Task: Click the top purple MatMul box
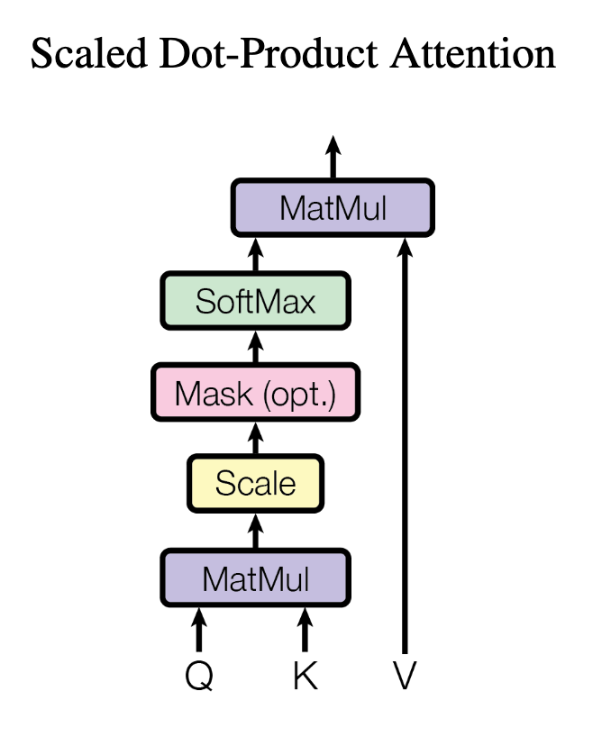click(333, 208)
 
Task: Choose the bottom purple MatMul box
click(255, 578)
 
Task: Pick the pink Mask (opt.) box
click(255, 394)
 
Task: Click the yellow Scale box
click(255, 484)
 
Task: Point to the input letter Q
click(199, 676)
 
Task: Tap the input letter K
click(306, 676)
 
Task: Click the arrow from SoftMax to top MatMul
click(255, 255)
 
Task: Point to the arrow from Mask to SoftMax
click(255, 348)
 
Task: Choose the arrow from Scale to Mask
click(255, 439)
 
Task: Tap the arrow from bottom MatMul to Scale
click(255, 531)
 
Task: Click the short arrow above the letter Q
click(199, 630)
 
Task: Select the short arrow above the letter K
click(306, 630)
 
